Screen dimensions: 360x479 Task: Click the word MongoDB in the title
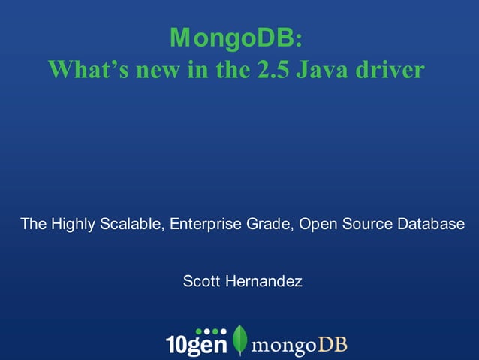pos(233,35)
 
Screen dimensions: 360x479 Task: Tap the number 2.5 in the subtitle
pos(277,70)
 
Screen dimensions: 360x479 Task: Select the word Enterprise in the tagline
pos(203,224)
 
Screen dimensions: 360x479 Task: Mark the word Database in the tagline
pos(431,224)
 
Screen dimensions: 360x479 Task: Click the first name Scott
pos(200,282)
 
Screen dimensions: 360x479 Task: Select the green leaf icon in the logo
pos(240,340)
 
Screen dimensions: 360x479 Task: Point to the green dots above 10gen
pos(210,331)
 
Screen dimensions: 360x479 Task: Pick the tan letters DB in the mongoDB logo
pos(333,344)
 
